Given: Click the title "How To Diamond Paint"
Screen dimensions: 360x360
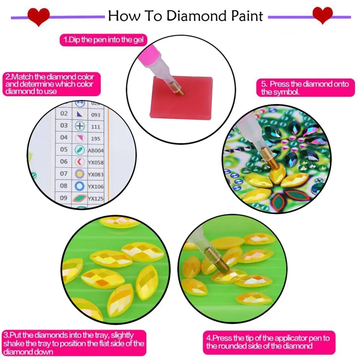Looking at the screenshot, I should pos(185,16).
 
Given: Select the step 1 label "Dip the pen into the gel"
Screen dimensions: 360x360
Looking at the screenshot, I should pos(103,40).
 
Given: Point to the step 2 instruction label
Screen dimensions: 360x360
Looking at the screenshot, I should pos(49,84).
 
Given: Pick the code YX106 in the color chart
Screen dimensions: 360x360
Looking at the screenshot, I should pos(96,186).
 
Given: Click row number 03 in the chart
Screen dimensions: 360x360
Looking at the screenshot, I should pos(64,125).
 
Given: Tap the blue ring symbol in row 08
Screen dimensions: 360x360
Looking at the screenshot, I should pos(80,186).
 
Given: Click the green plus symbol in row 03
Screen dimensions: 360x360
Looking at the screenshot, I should pos(80,126).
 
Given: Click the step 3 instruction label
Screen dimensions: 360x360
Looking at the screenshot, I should pos(74,344).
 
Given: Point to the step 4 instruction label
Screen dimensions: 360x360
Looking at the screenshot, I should pos(268,342).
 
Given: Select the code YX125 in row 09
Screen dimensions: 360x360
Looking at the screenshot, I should pos(96,198).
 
